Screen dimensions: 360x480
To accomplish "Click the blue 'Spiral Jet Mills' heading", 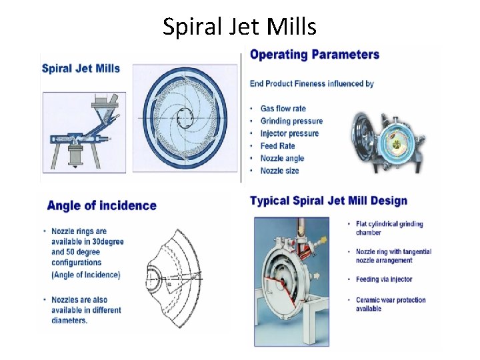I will [81, 68].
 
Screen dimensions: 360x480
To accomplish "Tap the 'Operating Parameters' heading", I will [315, 55].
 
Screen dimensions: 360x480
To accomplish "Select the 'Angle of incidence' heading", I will [102, 205].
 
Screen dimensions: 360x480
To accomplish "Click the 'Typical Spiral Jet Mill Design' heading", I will [328, 201].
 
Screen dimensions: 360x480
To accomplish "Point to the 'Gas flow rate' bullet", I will [283, 109].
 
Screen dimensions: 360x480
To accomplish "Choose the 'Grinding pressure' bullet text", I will [291, 121].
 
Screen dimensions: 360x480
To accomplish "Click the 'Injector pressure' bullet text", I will [289, 133].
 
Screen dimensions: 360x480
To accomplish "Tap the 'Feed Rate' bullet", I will [277, 146].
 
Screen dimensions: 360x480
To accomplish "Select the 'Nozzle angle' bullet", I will [282, 158].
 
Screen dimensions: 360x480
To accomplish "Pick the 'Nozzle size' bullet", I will [279, 171].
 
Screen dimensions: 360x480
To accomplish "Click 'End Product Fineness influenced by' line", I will [311, 84].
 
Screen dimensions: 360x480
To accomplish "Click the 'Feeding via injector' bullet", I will [383, 279].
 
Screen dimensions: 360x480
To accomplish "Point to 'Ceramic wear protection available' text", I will [390, 304].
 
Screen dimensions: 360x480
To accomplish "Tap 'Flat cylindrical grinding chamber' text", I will [389, 228].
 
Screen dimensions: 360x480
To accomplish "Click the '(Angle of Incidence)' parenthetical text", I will [85, 274].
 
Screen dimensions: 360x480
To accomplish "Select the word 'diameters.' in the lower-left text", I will [69, 320].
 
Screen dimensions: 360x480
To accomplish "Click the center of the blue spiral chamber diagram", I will [185, 119].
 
